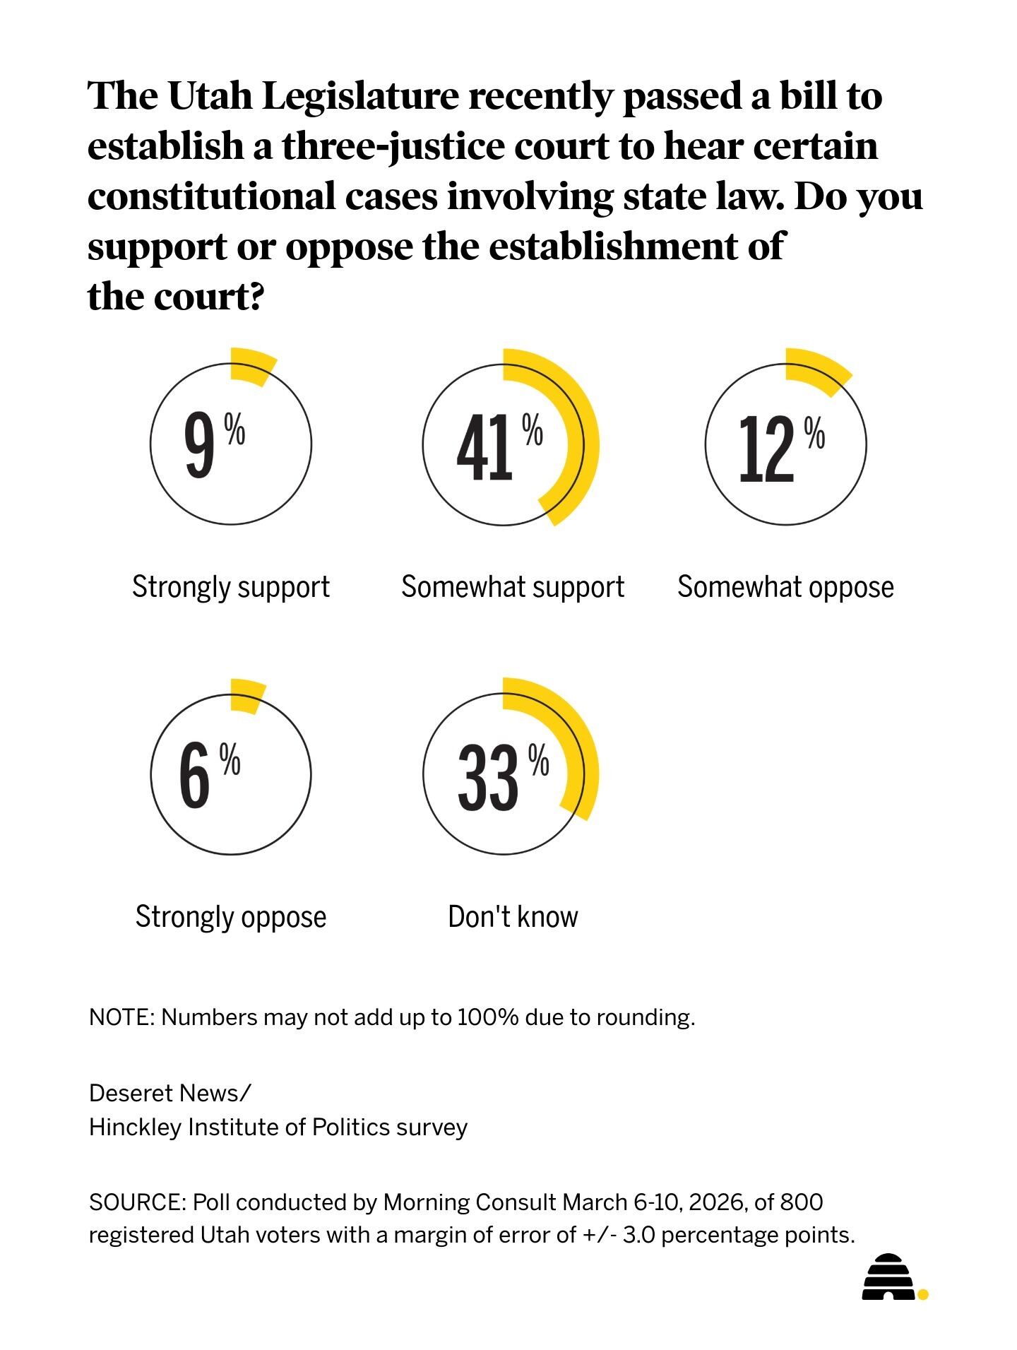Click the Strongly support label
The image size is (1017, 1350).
(231, 587)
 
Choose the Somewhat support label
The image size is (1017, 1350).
(513, 587)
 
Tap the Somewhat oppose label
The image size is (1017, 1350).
(785, 587)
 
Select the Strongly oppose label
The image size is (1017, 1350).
(231, 917)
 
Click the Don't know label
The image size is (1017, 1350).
(513, 917)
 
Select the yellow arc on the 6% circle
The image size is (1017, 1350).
(248, 696)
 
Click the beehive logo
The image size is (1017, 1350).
(890, 1278)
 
